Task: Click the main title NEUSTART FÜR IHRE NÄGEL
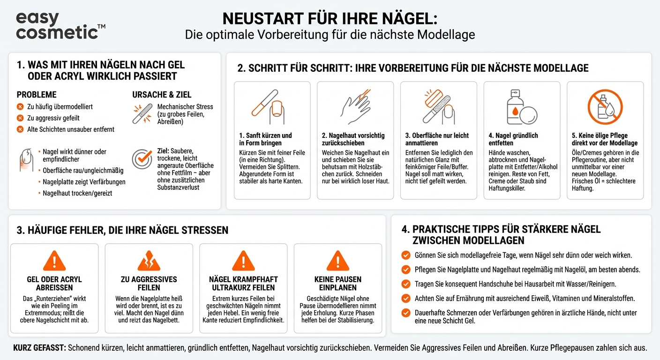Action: coord(330,18)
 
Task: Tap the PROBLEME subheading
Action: coord(37,95)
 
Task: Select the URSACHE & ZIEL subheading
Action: coord(162,95)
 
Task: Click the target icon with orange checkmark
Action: coord(142,159)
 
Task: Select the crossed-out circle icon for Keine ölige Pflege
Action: coord(605,107)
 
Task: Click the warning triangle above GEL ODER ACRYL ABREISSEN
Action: coord(54,261)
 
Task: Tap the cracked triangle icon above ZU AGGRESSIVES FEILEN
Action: coord(149,261)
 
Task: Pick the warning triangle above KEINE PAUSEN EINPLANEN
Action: coord(337,261)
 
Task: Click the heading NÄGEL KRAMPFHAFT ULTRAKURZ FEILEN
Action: coord(243,284)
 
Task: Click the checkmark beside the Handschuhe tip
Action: coord(406,284)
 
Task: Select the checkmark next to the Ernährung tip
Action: coord(406,298)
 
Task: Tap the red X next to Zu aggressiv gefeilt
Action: coord(20,118)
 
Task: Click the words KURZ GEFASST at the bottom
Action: coord(39,348)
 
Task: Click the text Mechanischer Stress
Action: coord(185,107)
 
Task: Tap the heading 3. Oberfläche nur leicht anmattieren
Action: coord(437,139)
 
